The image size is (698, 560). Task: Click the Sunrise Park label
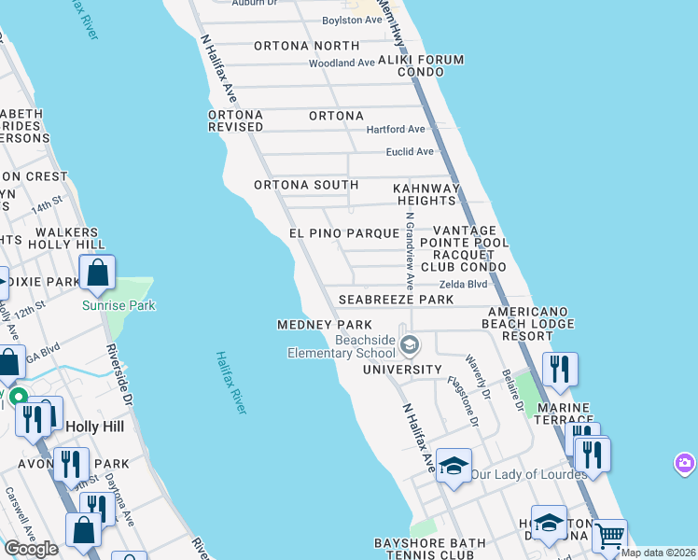point(119,305)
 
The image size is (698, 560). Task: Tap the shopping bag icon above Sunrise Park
point(97,274)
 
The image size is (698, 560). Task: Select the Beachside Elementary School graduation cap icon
point(409,346)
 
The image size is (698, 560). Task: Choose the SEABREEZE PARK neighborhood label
point(396,300)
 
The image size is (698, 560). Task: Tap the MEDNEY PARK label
point(325,325)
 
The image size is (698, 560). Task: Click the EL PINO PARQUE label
point(344,232)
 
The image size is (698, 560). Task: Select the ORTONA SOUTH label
point(306,185)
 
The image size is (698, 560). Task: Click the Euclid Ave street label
point(410,151)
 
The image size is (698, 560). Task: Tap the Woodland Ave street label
point(342,63)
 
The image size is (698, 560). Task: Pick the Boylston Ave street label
point(352,20)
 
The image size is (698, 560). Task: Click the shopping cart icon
point(609,536)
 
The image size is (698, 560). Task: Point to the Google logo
point(31,549)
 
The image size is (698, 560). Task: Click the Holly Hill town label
point(97,425)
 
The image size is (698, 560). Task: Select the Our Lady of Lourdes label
point(528,474)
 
